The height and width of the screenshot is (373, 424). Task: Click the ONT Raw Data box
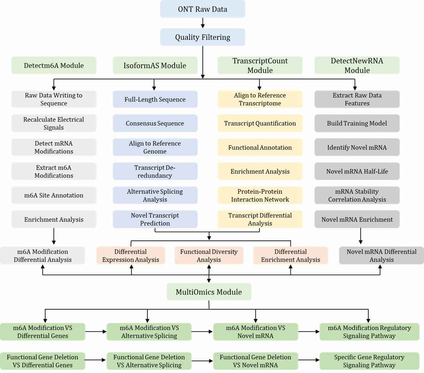point(202,9)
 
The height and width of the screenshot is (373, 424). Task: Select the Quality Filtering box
point(202,37)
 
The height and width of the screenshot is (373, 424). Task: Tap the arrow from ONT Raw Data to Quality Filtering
point(203,23)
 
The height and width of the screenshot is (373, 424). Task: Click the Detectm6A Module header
point(54,66)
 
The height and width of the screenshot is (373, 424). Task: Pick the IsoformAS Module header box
point(155,66)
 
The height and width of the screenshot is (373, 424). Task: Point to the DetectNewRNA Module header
point(357,66)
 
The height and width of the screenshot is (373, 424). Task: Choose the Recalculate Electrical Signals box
point(54,123)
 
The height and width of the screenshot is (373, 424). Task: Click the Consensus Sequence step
point(155,123)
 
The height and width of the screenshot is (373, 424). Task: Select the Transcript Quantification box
point(260,123)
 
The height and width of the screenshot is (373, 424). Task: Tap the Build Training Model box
point(357,123)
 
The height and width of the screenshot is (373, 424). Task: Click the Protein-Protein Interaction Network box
point(260,195)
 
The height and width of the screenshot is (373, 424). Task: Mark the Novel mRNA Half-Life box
point(357,171)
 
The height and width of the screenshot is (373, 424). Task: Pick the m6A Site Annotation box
point(54,195)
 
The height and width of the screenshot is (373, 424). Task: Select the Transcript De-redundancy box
point(155,171)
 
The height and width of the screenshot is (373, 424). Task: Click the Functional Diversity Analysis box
point(209,256)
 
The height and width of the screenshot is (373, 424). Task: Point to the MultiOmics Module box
point(209,292)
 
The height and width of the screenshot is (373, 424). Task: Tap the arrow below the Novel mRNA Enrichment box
point(361,236)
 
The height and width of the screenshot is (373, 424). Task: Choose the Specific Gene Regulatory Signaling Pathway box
point(369,361)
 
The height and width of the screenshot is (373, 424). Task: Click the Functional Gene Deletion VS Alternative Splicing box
point(149,361)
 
